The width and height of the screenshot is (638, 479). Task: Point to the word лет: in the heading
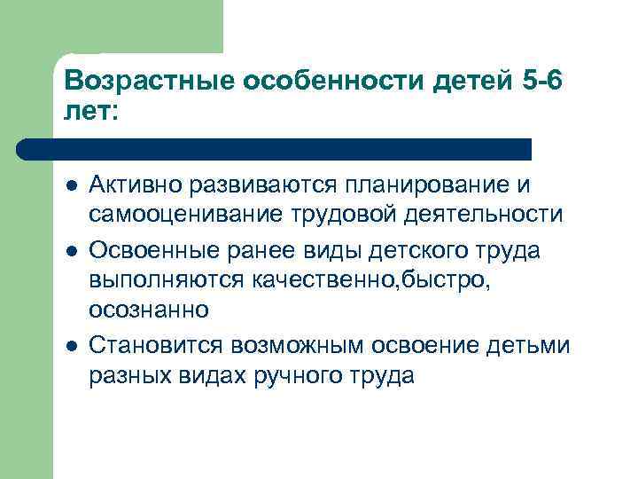[x=89, y=112]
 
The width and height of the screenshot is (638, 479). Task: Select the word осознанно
[x=148, y=310]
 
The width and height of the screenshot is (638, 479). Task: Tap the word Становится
[x=160, y=344]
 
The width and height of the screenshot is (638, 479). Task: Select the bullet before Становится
[x=68, y=345]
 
